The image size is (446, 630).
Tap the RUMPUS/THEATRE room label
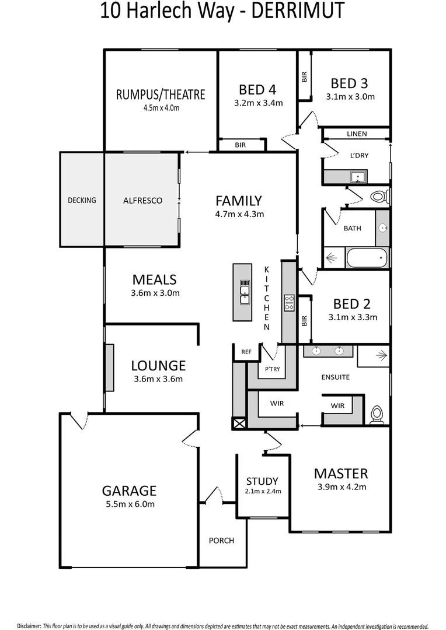click(x=161, y=94)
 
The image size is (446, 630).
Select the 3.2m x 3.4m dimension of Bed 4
click(x=257, y=103)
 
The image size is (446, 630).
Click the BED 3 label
click(x=350, y=83)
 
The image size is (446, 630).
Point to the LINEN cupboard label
click(x=357, y=134)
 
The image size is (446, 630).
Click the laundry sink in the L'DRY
click(x=357, y=176)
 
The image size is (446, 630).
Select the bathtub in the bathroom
click(x=367, y=257)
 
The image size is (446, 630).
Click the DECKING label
click(x=82, y=200)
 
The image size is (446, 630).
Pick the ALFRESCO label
click(x=142, y=200)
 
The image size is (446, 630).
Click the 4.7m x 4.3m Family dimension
click(x=239, y=214)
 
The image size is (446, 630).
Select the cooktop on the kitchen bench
click(x=289, y=303)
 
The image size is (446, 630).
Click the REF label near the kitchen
click(x=246, y=352)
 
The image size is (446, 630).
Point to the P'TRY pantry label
click(x=272, y=369)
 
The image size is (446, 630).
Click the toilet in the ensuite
click(x=377, y=413)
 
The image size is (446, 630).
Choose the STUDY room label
click(x=262, y=481)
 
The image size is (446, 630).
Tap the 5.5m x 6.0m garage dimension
click(x=129, y=504)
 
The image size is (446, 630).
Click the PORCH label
click(x=221, y=541)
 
